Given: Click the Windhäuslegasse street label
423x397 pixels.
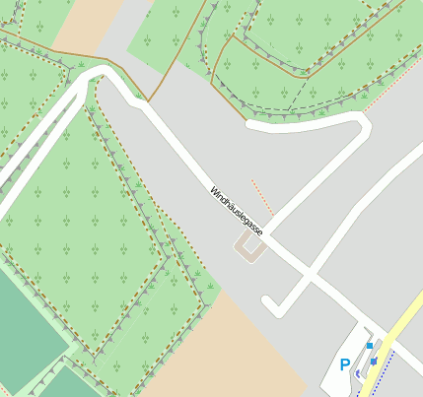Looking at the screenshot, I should click(x=237, y=209).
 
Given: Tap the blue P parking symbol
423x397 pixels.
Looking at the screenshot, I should click(x=345, y=364).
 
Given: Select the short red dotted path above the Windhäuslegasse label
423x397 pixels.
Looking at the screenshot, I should click(x=262, y=196).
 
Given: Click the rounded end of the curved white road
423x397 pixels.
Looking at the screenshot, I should click(x=252, y=126).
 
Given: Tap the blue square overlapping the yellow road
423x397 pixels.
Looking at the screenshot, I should click(x=375, y=361).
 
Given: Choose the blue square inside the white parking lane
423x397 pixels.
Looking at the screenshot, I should click(x=369, y=346).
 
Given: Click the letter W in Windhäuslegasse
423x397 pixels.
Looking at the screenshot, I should click(x=212, y=188).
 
